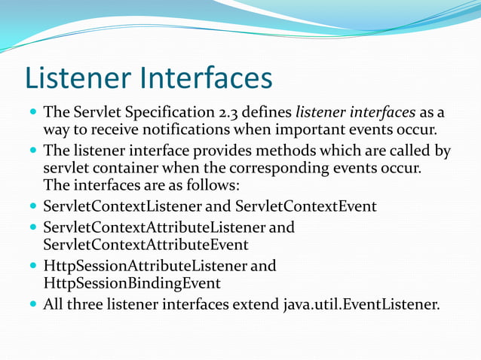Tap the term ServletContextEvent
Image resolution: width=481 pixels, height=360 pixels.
pyautogui.click(x=306, y=206)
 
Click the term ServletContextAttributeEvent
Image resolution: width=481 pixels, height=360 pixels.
pyautogui.click(x=146, y=244)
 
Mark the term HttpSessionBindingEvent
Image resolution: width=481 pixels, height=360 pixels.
pyautogui.click(x=132, y=283)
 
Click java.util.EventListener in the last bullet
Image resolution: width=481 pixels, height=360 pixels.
pyautogui.click(x=360, y=305)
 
